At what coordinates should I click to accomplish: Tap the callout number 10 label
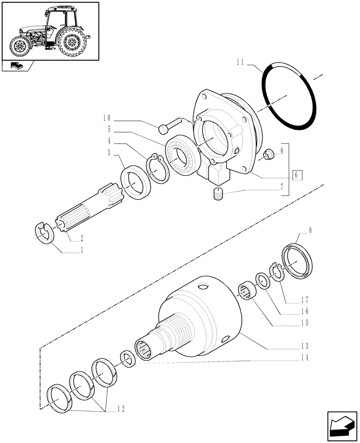(106, 118)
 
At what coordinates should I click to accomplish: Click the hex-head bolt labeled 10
(168, 124)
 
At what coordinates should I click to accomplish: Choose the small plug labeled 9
(268, 155)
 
